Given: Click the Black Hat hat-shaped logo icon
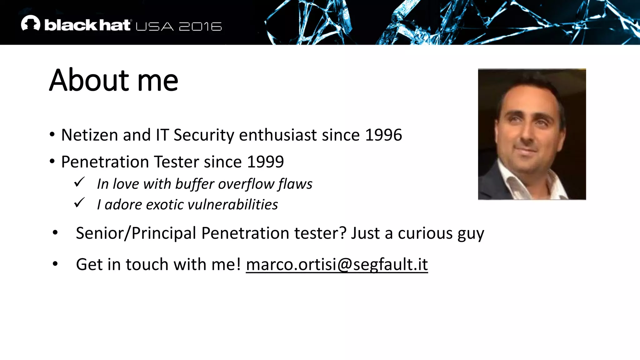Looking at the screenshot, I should pyautogui.click(x=31, y=23).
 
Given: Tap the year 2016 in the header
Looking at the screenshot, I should pyautogui.click(x=200, y=27).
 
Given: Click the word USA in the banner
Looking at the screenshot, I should pyautogui.click(x=155, y=27).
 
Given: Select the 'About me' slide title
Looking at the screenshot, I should pyautogui.click(x=114, y=80).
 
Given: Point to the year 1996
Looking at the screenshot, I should pyautogui.click(x=383, y=135).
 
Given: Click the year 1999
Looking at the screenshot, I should pyautogui.click(x=265, y=162).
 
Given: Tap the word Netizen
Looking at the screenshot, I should pyautogui.click(x=90, y=135).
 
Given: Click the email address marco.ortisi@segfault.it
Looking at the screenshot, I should pyautogui.click(x=337, y=264).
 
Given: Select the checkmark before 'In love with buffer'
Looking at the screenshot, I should pyautogui.click(x=79, y=182).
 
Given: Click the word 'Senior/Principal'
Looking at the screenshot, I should pyautogui.click(x=136, y=233).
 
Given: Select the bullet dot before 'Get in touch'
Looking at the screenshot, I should pyautogui.click(x=55, y=264).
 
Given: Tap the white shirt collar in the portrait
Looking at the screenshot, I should pyautogui.click(x=512, y=181).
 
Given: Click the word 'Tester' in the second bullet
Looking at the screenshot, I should pyautogui.click(x=176, y=162).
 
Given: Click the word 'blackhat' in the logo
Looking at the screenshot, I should pyautogui.click(x=87, y=25).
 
